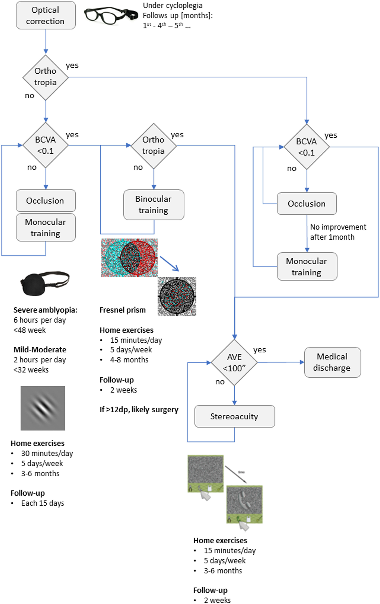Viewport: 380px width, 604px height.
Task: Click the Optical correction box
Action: (x=46, y=15)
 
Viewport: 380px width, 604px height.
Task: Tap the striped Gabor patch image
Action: (x=43, y=408)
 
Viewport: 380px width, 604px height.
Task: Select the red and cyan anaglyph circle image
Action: (x=129, y=258)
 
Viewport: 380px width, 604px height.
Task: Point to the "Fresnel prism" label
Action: (x=123, y=310)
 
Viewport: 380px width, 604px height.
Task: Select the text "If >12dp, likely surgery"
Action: (x=139, y=410)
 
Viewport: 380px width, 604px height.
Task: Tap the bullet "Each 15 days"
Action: (x=42, y=503)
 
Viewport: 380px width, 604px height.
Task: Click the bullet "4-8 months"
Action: (x=129, y=360)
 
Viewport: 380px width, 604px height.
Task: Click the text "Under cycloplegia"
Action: (x=172, y=5)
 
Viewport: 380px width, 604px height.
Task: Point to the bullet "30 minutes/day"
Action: (x=47, y=453)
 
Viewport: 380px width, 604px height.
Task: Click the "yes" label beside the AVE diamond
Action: (x=259, y=350)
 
